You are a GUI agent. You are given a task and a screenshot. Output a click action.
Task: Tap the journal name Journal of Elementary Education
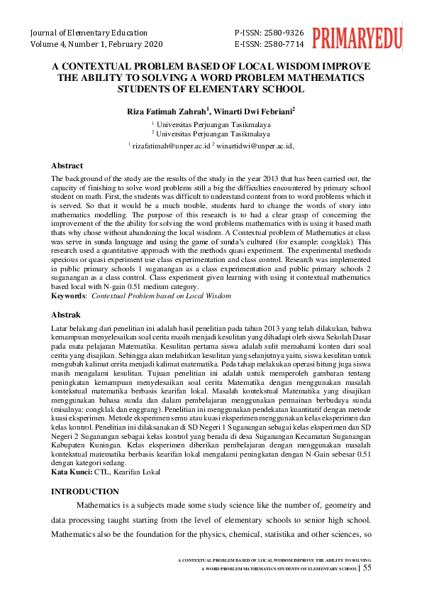89,33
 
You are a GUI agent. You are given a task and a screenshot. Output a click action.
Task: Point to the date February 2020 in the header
138,44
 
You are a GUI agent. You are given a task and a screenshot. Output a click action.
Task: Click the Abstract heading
68,165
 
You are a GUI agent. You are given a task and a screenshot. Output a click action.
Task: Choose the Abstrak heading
67,314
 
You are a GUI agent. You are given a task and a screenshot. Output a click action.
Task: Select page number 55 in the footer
367,567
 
